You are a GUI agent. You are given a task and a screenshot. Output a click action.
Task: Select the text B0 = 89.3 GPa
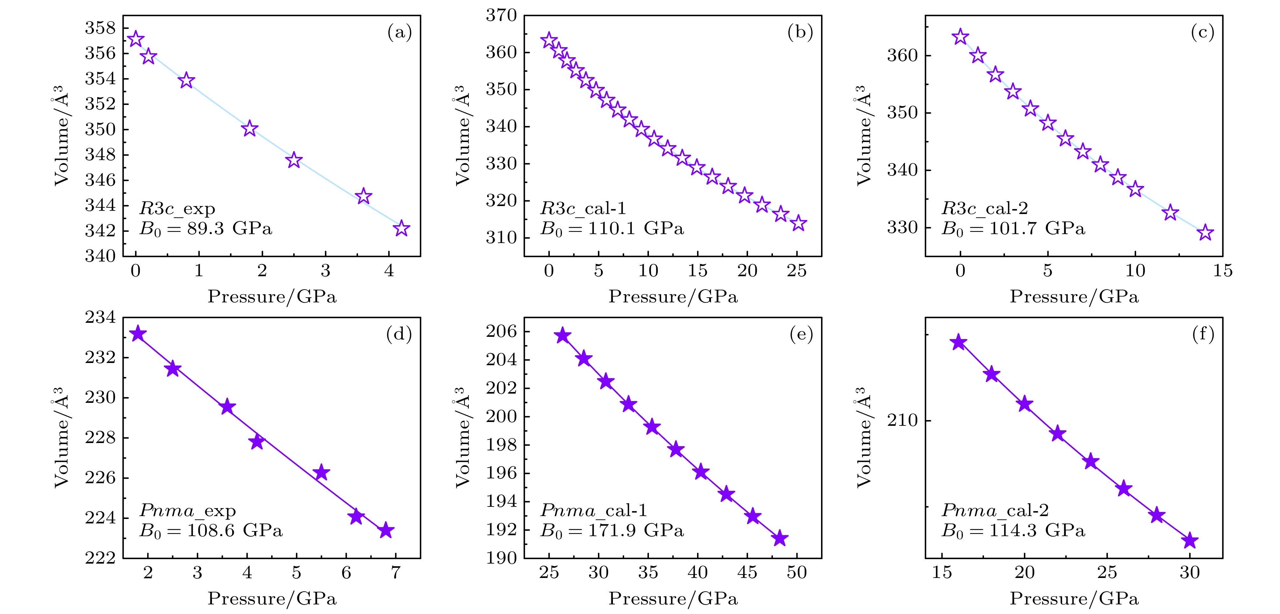(x=206, y=229)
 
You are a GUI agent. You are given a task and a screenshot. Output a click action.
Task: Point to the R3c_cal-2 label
(x=985, y=208)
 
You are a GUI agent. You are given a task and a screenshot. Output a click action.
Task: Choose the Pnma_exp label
(x=188, y=511)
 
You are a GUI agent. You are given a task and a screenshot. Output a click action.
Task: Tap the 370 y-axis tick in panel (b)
(x=501, y=15)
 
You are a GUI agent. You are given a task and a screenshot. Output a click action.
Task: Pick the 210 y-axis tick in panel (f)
(x=902, y=421)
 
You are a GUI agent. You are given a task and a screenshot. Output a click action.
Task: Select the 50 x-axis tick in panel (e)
(x=796, y=573)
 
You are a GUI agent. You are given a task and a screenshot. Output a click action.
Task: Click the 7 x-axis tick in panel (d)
(x=396, y=573)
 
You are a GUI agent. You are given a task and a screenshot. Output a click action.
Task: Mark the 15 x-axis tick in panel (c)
(x=1222, y=271)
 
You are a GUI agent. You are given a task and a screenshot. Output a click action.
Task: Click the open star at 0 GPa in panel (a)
(x=136, y=39)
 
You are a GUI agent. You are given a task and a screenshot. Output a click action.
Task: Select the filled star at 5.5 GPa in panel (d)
(x=322, y=472)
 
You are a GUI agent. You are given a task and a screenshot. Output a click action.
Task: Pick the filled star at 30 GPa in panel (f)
(x=1189, y=540)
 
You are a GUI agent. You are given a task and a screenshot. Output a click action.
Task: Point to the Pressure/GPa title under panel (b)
(x=673, y=297)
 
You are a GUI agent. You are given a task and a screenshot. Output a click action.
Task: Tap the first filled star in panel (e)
(x=563, y=336)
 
